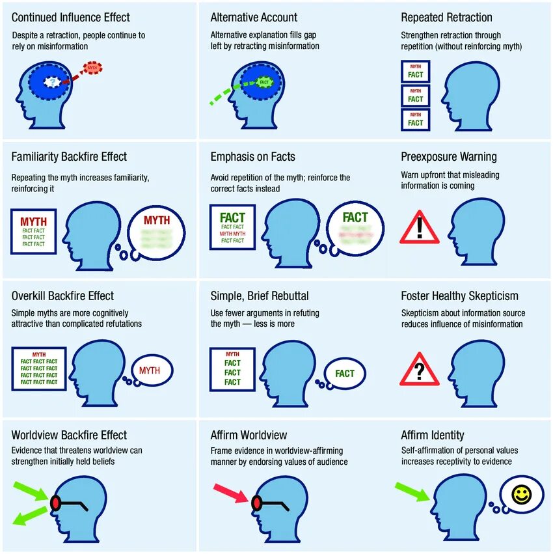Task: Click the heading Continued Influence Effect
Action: (71, 18)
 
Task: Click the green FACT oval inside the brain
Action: (263, 82)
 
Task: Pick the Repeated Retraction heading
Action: (446, 18)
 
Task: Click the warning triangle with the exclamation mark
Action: (420, 227)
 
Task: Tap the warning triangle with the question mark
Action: (420, 370)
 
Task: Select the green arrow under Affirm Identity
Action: (412, 492)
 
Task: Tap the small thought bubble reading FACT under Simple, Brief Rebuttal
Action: (344, 373)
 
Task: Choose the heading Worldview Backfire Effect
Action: (69, 435)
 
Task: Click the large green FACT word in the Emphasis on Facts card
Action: (232, 217)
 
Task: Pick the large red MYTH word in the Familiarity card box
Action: (33, 221)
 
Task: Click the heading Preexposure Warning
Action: (449, 157)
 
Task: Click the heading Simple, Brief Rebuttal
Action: (260, 296)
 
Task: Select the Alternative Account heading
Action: (254, 18)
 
